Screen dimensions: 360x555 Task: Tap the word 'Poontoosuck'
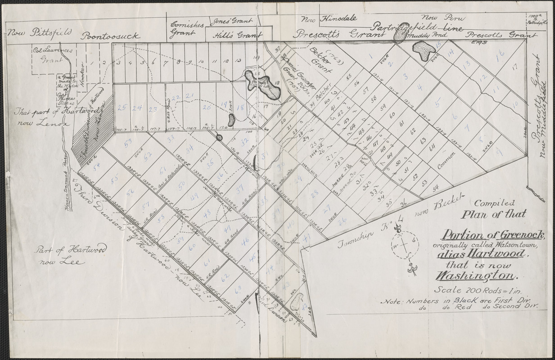(x=111, y=36)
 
